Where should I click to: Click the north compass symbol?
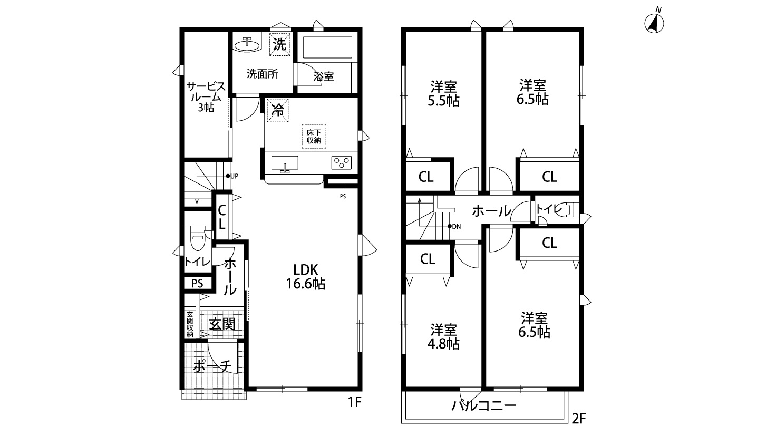point(654,23)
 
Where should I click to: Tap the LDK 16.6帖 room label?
point(305,277)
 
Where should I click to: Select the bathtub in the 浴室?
point(327,47)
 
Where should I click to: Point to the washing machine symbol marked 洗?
point(279,44)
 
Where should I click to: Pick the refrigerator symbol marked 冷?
point(277,110)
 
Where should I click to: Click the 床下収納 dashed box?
point(314,136)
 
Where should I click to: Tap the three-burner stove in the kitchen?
point(341,162)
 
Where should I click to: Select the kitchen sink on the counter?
point(285,163)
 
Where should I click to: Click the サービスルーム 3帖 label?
point(206,97)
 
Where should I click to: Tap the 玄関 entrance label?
point(222,324)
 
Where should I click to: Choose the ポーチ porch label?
point(212,366)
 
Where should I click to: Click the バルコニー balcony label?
point(483,406)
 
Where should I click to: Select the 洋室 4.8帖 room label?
point(443,337)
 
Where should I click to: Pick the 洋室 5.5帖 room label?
point(443,94)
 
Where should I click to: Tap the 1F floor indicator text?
point(355,402)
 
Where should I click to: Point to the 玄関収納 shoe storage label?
point(190,324)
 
